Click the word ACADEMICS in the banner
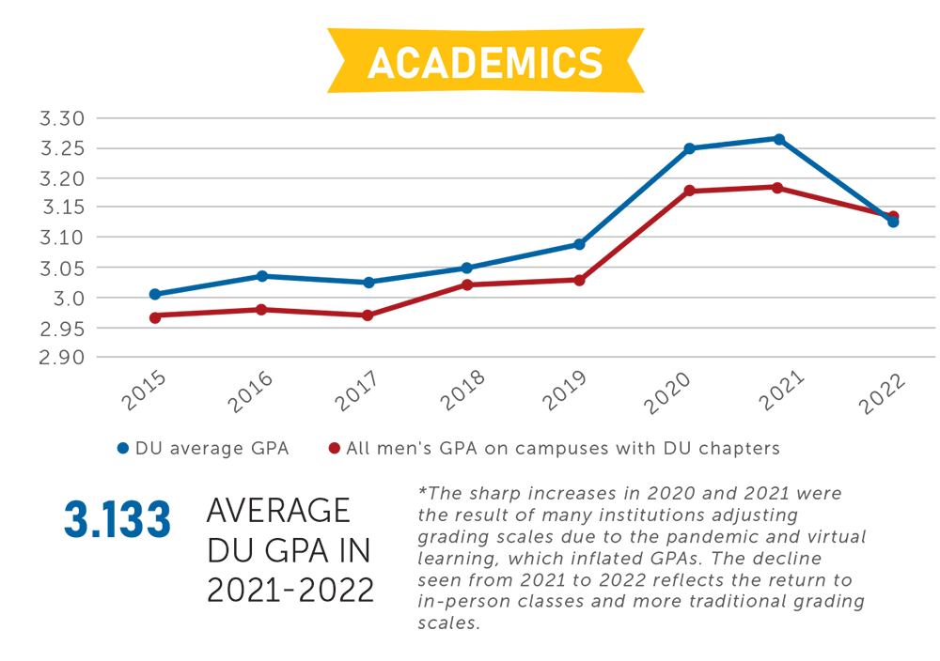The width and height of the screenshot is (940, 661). pos(485,62)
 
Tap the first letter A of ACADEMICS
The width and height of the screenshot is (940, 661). pos(382,63)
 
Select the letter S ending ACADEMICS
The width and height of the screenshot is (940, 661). pos(590,63)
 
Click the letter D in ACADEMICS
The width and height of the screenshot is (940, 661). pos(458,63)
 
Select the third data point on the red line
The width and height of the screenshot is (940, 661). pos(369,315)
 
